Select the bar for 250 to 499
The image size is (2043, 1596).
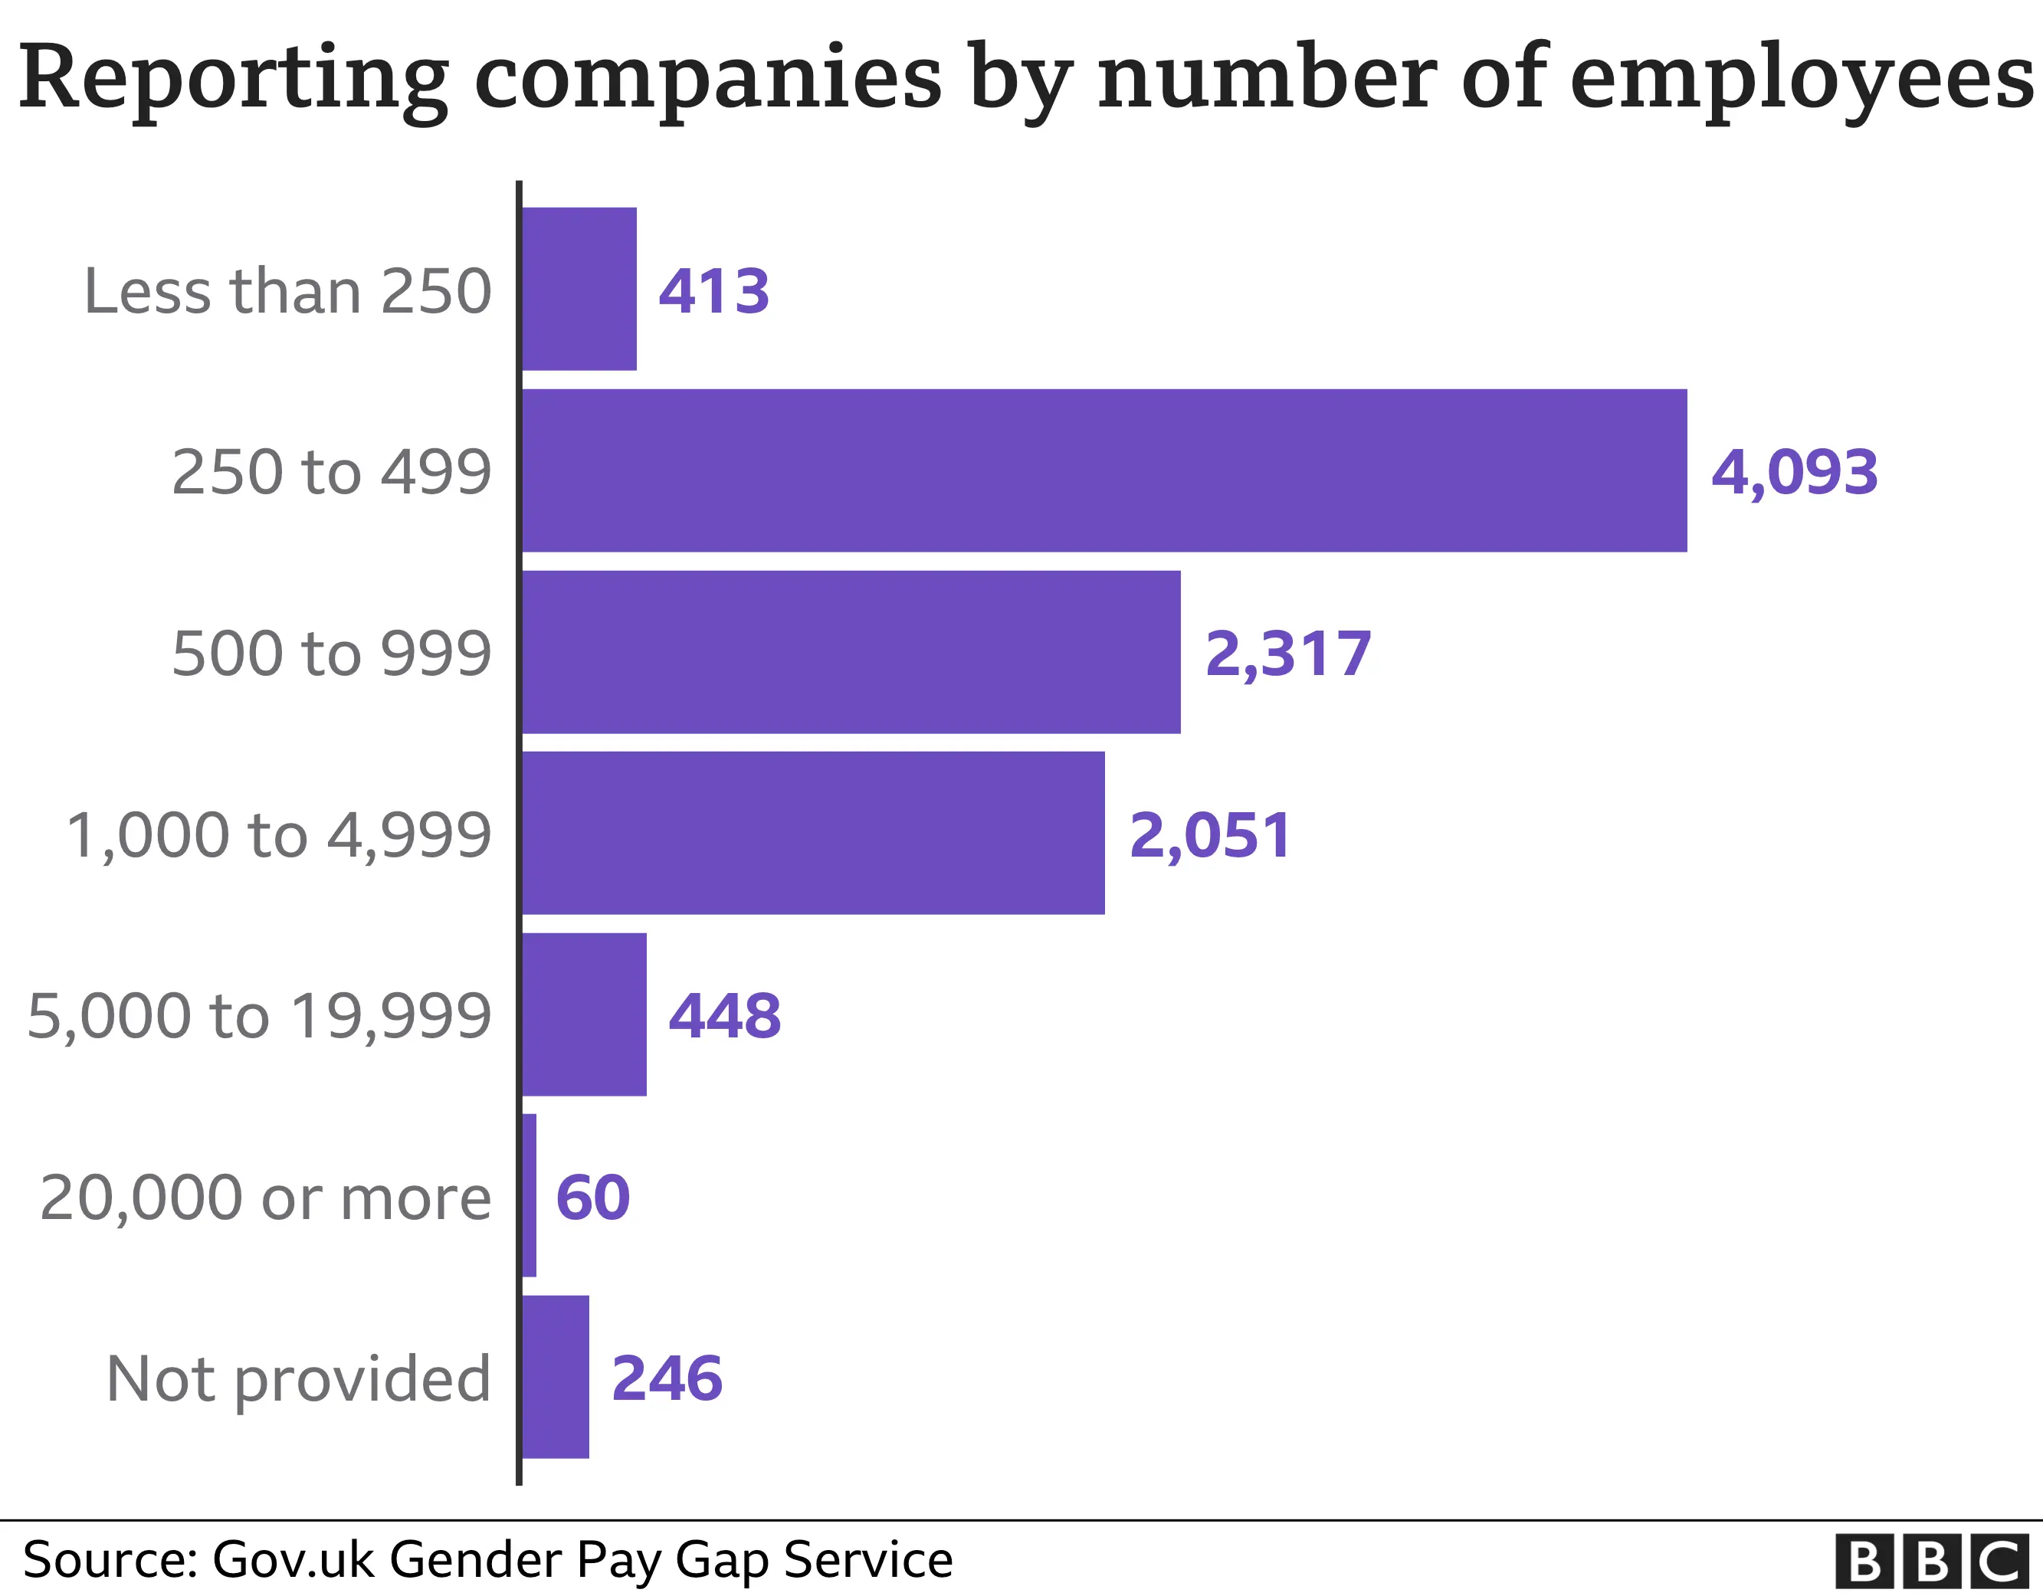click(x=1103, y=470)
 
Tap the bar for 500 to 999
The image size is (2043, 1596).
click(x=851, y=652)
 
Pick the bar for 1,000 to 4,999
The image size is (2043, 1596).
click(x=813, y=833)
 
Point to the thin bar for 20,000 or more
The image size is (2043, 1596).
click(x=530, y=1195)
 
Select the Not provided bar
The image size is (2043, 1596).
click(x=556, y=1377)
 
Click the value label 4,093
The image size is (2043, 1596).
click(x=1794, y=473)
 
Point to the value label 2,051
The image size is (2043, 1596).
click(x=1211, y=835)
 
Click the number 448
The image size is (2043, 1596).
click(x=725, y=1016)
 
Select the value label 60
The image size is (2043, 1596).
click(x=593, y=1198)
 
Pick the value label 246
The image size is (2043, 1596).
click(x=667, y=1379)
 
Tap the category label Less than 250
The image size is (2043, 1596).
click(x=287, y=291)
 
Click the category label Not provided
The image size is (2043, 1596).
click(x=298, y=1381)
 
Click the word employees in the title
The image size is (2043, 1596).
click(x=1801, y=80)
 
